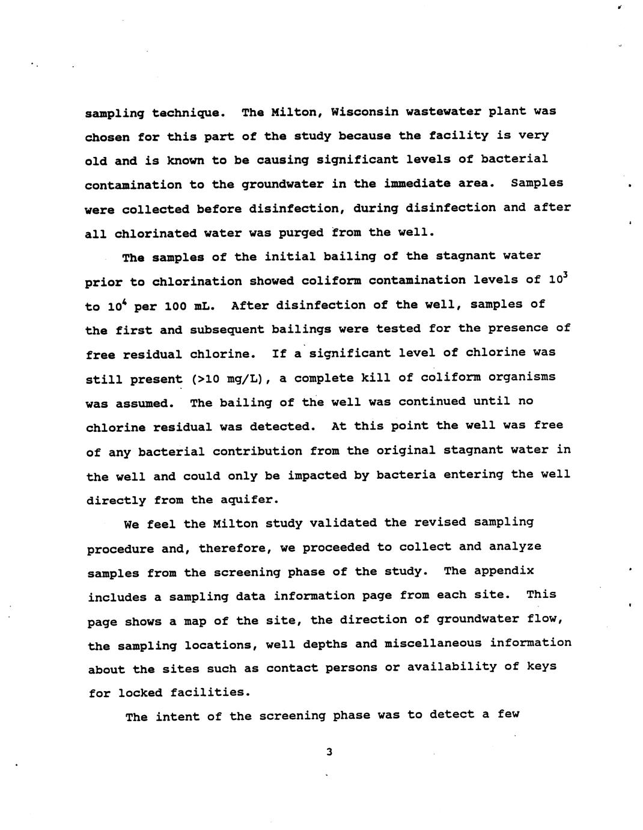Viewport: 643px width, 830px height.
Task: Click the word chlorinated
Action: [x=155, y=233]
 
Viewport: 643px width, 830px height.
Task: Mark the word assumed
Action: [x=149, y=404]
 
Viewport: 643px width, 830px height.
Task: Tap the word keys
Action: [x=541, y=666]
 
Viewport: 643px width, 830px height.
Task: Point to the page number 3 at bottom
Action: [x=329, y=752]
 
